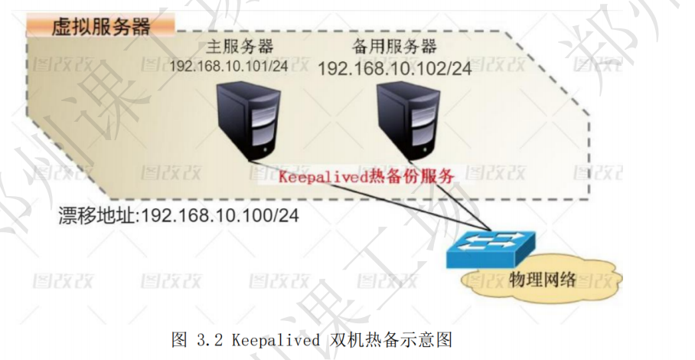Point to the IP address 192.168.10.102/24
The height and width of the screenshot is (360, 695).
394,68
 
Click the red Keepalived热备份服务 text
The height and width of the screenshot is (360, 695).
367,175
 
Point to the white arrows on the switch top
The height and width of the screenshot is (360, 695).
498,238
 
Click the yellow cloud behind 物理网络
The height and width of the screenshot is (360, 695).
490,287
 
